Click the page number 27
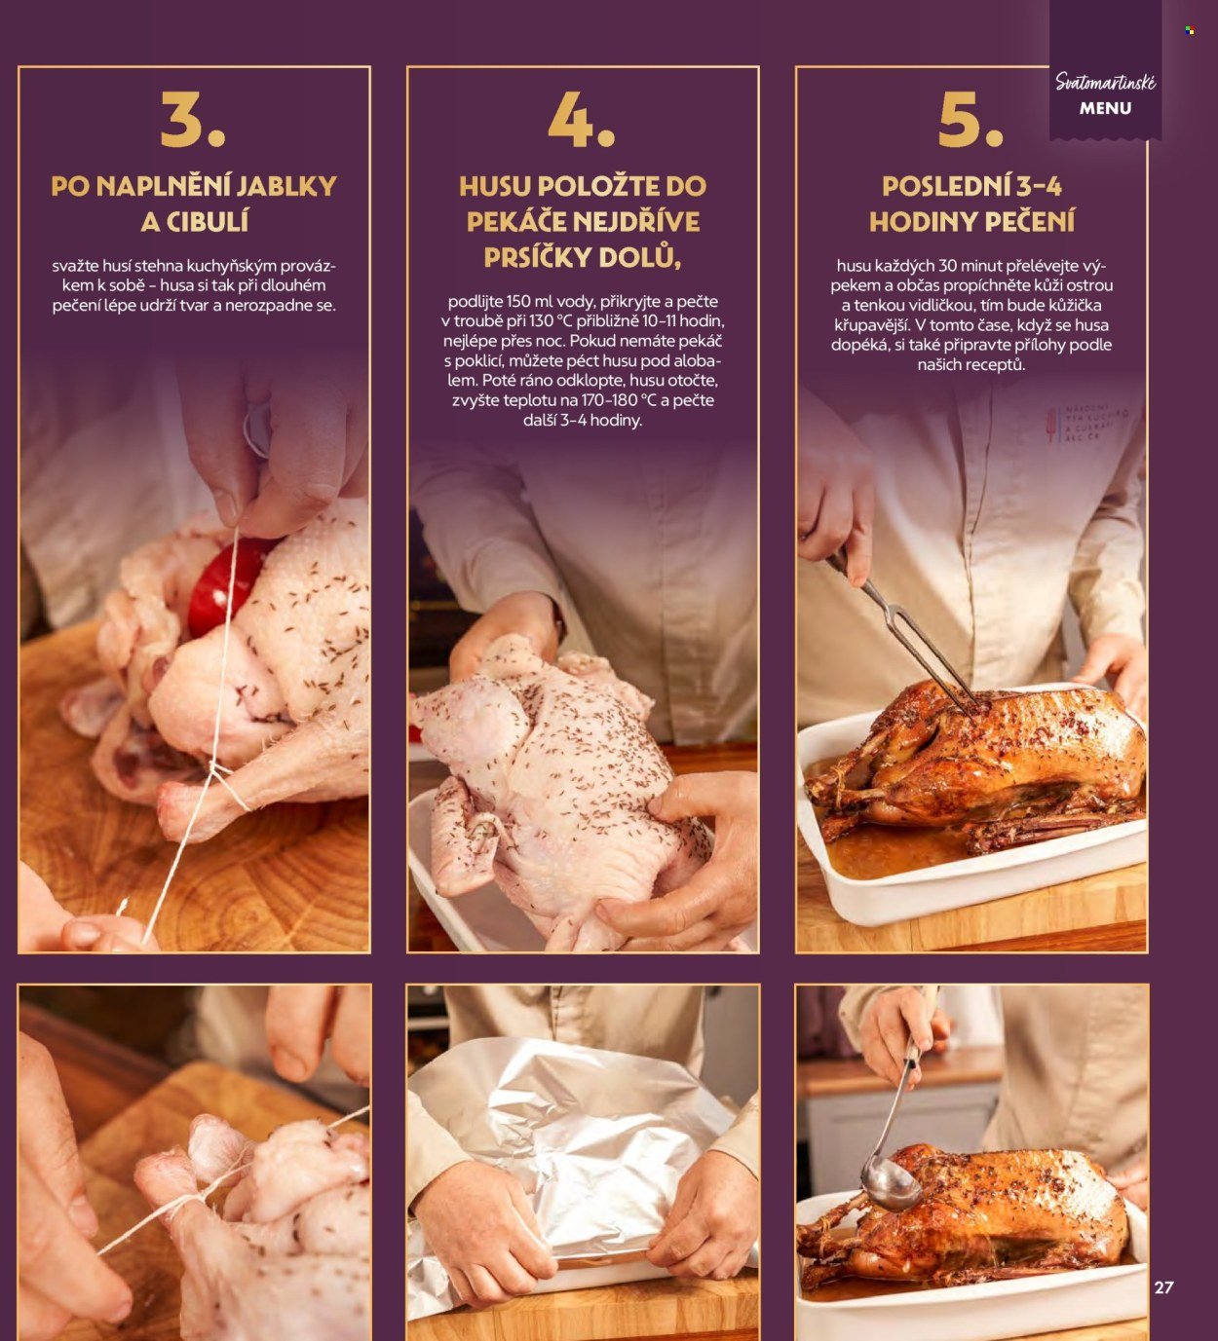click(1163, 1286)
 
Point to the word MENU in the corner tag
click(1105, 108)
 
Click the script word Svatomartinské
click(1105, 82)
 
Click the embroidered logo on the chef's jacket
click(1084, 423)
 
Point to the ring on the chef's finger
click(257, 429)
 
